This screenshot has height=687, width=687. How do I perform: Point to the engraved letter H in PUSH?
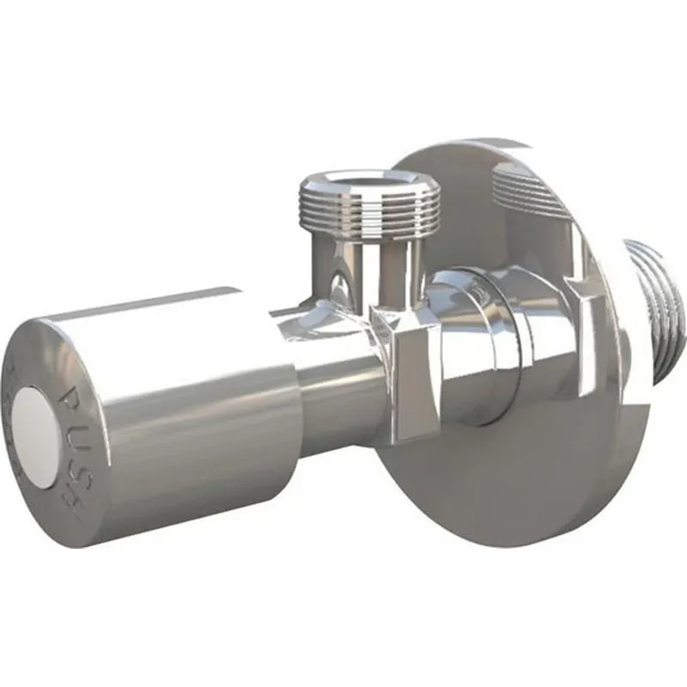(72, 494)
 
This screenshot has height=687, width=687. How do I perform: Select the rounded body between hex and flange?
(481, 343)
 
